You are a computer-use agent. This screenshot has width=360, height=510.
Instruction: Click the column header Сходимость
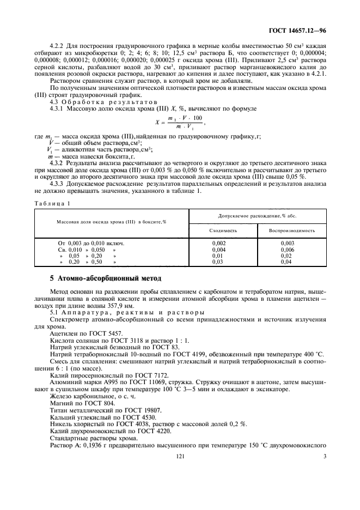point(223,230)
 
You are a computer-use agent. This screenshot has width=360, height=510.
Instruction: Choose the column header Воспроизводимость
point(292,230)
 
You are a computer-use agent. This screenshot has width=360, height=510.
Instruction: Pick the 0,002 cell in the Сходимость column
point(218,243)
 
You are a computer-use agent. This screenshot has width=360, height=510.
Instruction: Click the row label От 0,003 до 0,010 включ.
point(91,243)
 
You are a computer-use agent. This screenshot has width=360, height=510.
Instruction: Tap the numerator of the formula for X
point(186,118)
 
